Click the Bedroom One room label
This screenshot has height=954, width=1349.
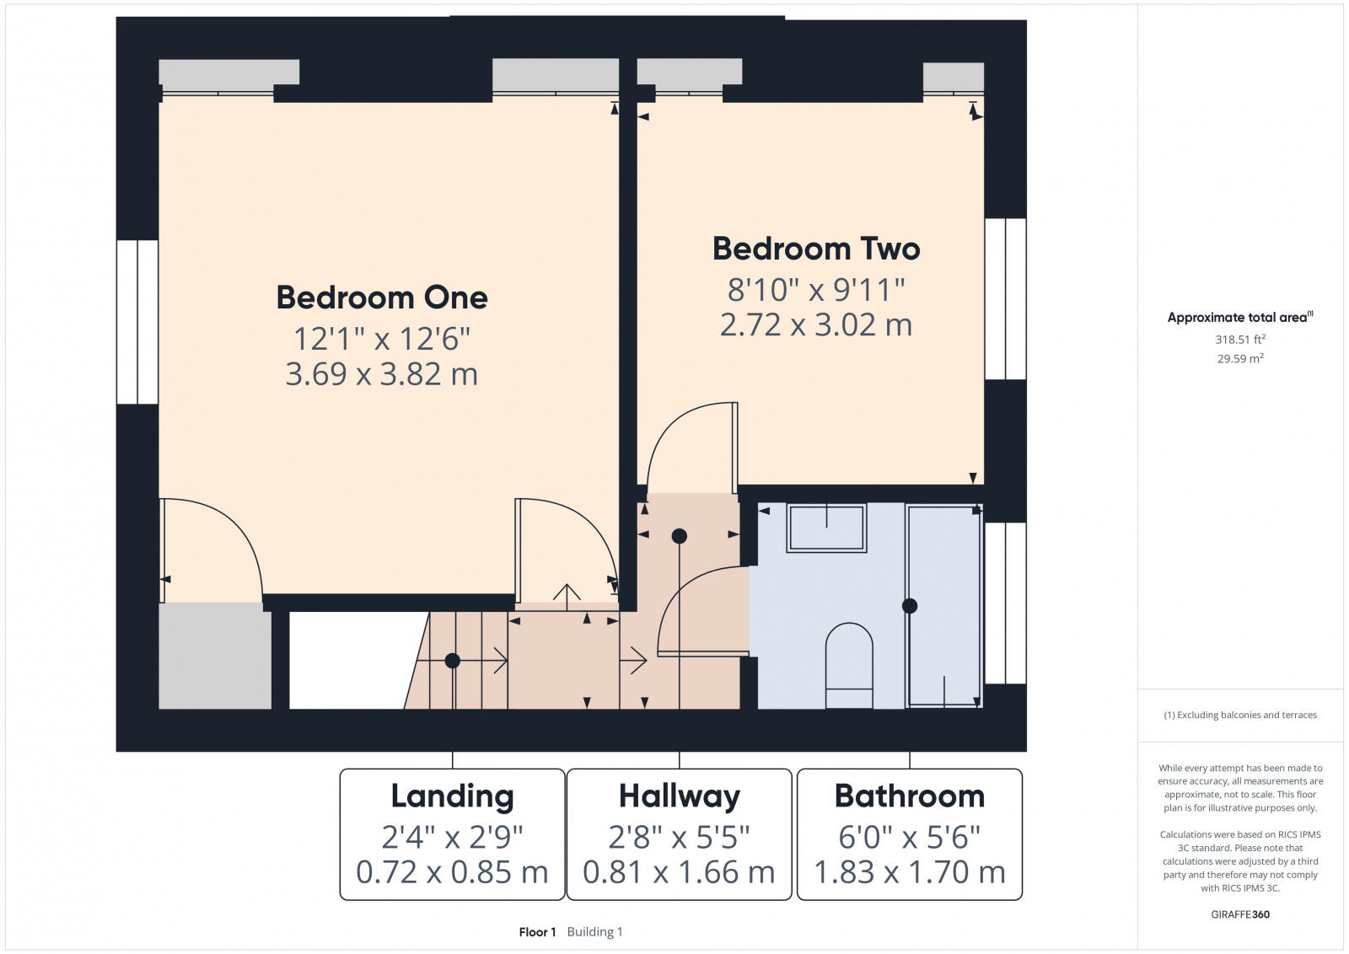(x=382, y=297)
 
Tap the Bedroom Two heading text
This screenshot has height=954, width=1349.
(x=815, y=249)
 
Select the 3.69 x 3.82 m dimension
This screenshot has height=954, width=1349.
(x=382, y=374)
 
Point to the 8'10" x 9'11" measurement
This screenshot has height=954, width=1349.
(x=815, y=290)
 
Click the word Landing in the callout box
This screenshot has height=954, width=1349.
(x=452, y=796)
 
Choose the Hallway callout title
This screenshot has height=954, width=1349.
(x=679, y=796)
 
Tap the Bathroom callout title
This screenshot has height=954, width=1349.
(x=909, y=796)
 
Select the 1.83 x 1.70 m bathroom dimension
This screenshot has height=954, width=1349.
(x=909, y=872)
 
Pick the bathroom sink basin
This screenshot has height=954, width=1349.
(x=826, y=528)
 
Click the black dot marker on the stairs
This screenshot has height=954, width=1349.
(x=453, y=661)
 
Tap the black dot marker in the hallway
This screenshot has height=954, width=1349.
(x=679, y=536)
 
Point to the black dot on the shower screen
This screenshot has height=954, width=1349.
(x=909, y=606)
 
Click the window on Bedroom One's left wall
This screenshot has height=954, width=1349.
(x=137, y=322)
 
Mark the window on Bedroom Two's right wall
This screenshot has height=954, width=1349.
(x=1005, y=298)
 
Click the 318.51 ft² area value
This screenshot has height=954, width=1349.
(x=1239, y=340)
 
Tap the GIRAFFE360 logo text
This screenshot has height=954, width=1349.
(x=1239, y=914)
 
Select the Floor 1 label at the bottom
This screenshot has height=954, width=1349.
(x=537, y=932)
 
